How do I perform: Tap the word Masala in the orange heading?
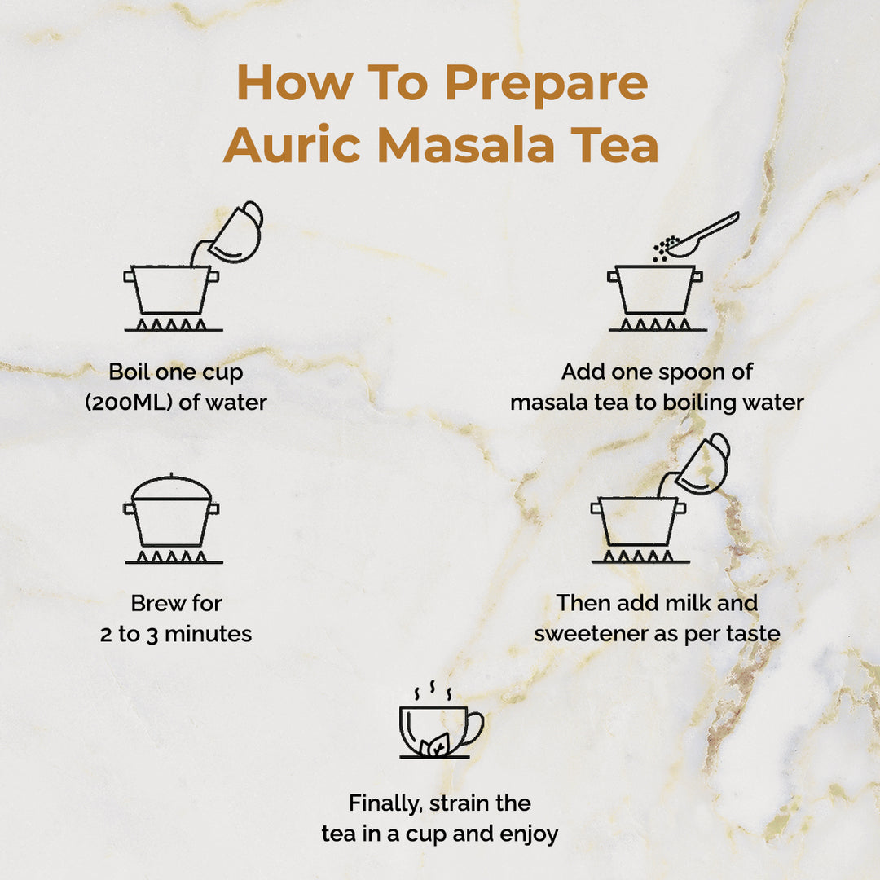pyautogui.click(x=466, y=145)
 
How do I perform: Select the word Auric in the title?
pyautogui.click(x=292, y=145)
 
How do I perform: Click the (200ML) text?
pyautogui.click(x=129, y=403)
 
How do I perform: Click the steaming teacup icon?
pyautogui.click(x=441, y=721)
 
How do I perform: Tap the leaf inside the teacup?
pyautogui.click(x=435, y=745)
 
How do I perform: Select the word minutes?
pyautogui.click(x=209, y=634)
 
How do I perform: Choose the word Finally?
pyautogui.click(x=385, y=803)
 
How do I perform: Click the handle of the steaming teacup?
pyautogui.click(x=473, y=728)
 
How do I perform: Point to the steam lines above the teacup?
pyautogui.click(x=433, y=690)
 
